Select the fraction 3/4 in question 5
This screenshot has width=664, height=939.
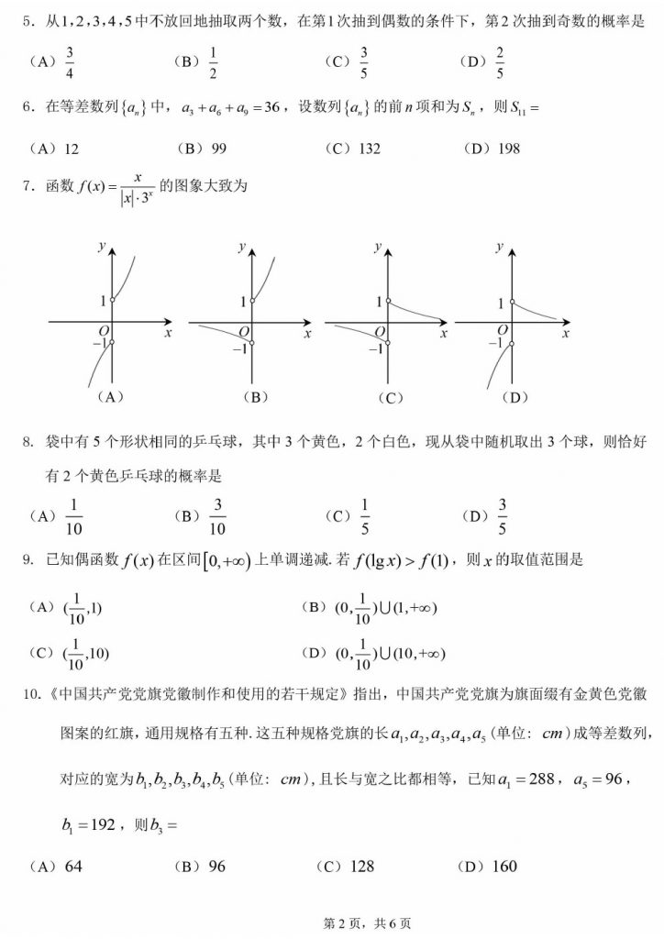[71, 62]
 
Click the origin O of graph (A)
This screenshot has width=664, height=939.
[104, 331]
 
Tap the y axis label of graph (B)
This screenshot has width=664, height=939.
[241, 247]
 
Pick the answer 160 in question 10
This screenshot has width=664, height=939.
[504, 866]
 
